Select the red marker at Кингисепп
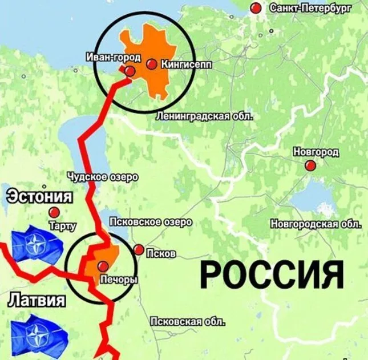point(151,64)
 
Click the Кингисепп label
point(187,65)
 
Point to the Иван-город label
point(112,57)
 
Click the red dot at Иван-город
point(130,71)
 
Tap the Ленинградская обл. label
point(204,116)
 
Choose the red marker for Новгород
point(310,165)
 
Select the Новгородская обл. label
point(316,223)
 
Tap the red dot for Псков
point(139,249)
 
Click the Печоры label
point(119,280)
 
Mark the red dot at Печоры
point(103,266)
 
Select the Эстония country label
point(39,197)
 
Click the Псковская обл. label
point(187,322)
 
